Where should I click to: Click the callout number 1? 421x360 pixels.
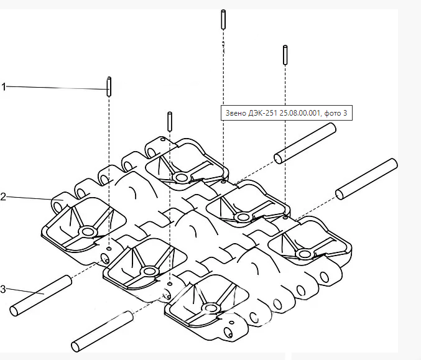coord(4,87)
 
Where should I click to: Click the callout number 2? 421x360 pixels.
coord(4,196)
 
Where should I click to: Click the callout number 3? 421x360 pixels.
coord(4,289)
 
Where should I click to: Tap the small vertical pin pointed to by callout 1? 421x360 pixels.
coord(109,86)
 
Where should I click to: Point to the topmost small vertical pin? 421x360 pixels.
coord(222,19)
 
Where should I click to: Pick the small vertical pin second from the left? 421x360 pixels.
coord(169,121)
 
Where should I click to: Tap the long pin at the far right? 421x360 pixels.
coord(366,179)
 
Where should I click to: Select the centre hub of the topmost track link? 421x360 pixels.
coord(182,178)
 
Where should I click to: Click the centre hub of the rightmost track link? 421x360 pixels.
coord(303,253)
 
